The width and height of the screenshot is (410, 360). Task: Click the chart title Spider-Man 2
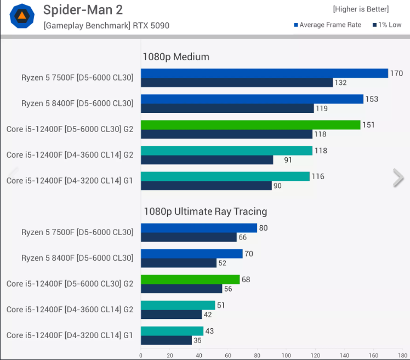tap(83, 10)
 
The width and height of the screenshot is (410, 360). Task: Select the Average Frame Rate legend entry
tap(327, 25)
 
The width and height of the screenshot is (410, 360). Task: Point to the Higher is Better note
tap(360, 9)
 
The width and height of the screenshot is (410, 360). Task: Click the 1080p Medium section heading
tap(175, 57)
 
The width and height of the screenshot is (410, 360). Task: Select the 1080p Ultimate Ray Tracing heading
tap(205, 212)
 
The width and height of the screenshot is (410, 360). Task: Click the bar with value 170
tap(264, 73)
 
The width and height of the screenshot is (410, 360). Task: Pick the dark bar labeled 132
tap(237, 83)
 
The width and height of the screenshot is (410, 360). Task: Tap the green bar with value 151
tap(250, 125)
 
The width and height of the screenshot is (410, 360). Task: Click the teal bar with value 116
tap(225, 176)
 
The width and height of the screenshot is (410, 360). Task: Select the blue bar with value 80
tap(199, 228)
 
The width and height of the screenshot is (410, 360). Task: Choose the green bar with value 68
tap(190, 279)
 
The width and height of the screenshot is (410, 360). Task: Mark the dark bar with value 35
tap(166, 340)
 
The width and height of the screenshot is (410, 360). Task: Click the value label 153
tap(371, 99)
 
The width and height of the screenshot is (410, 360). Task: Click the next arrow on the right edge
tap(398, 178)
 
